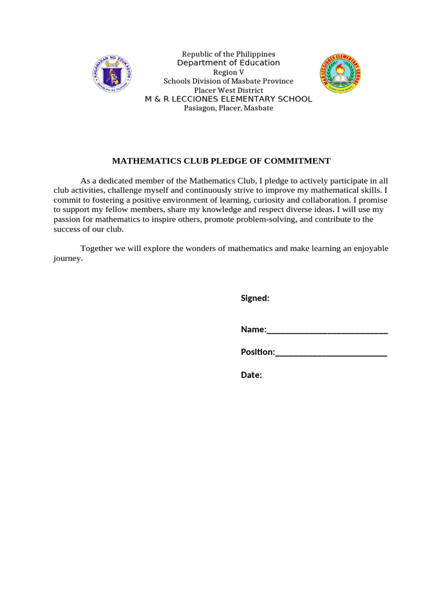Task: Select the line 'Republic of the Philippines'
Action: pyautogui.click(x=228, y=54)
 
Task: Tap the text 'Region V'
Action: pyautogui.click(x=228, y=72)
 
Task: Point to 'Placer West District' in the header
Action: pyautogui.click(x=228, y=90)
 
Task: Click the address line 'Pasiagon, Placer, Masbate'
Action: pyautogui.click(x=228, y=108)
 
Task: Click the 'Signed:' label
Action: pyautogui.click(x=255, y=298)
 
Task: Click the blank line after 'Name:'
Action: pyautogui.click(x=327, y=331)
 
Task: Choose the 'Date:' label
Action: pyautogui.click(x=251, y=375)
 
